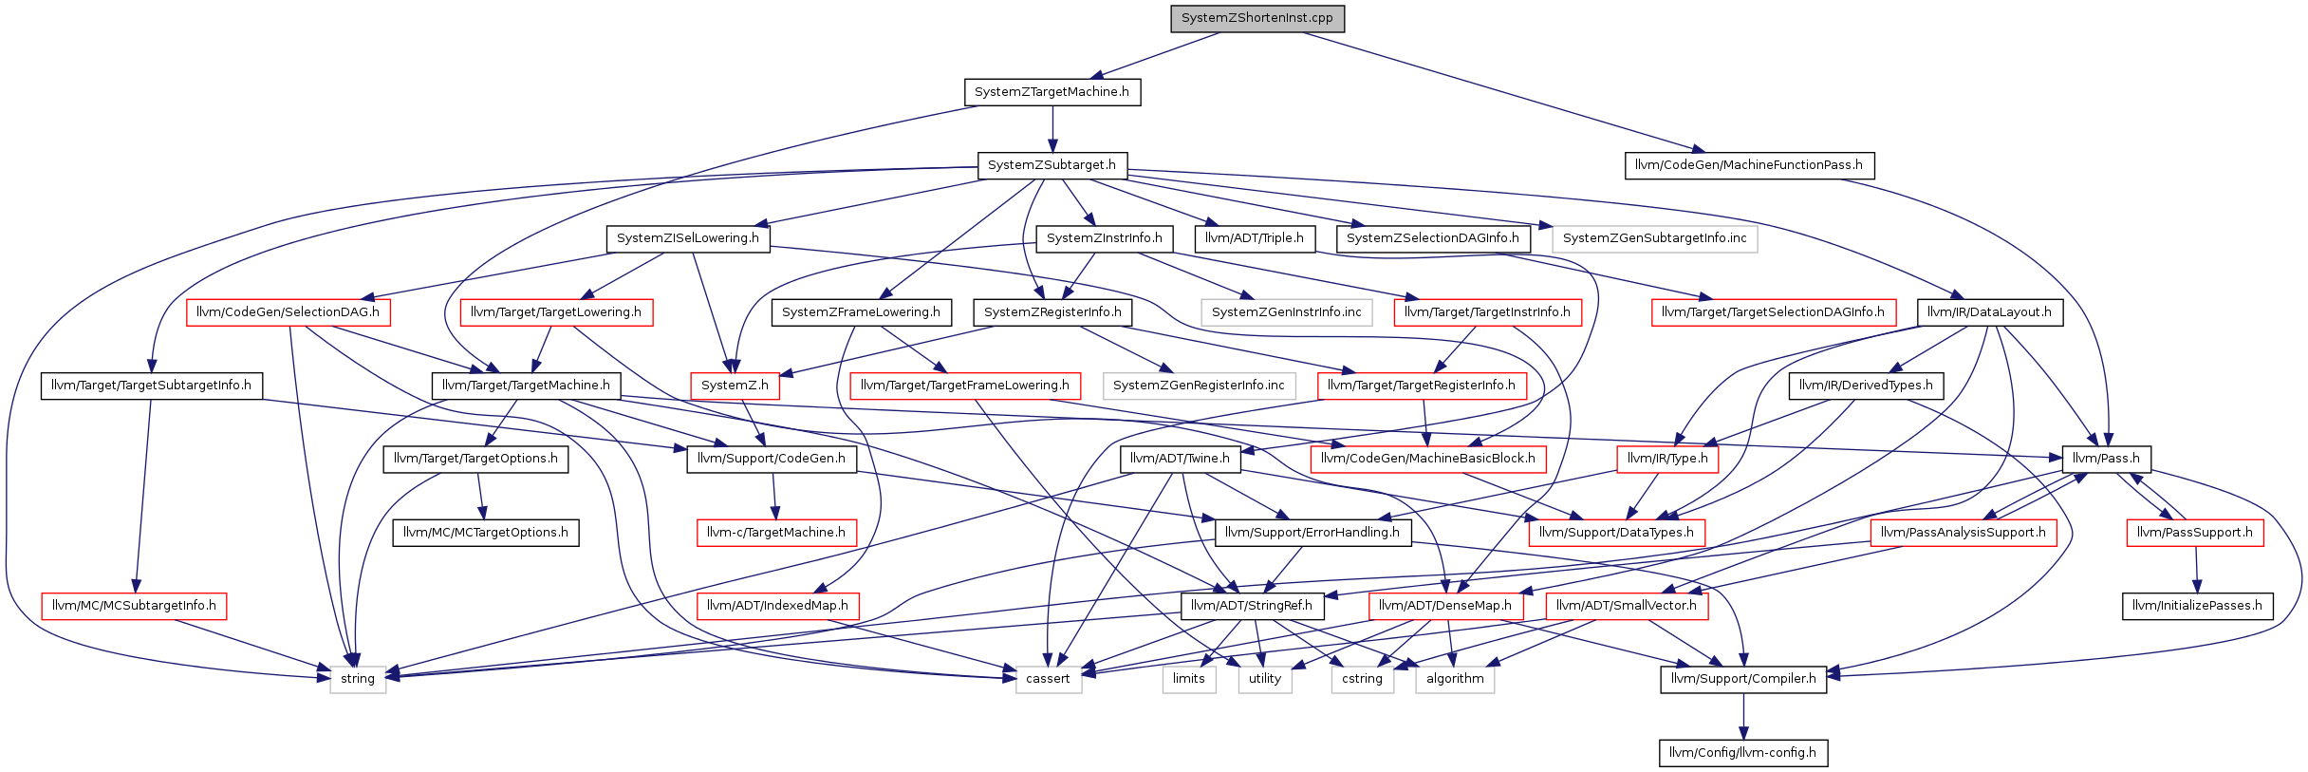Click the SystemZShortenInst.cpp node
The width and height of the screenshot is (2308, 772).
pos(1256,19)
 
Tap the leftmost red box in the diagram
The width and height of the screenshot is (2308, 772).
pos(134,607)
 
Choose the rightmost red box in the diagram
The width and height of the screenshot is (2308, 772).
pos(2195,533)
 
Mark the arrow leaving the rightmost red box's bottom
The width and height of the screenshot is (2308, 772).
pos(2196,570)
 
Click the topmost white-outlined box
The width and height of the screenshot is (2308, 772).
pos(1654,239)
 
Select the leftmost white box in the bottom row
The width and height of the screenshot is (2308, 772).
pos(358,680)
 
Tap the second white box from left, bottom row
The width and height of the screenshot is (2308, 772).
pos(1049,680)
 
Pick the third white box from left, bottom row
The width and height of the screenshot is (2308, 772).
pos(1189,680)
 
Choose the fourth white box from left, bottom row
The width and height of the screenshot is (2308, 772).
pos(1265,680)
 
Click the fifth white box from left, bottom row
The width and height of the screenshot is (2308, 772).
pos(1363,680)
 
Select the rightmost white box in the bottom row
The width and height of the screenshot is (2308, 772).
pos(1455,680)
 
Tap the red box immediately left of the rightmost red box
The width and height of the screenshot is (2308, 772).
pos(1964,533)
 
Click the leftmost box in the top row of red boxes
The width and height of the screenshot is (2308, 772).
pos(288,312)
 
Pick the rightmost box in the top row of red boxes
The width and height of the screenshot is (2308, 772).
pos(1774,312)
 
